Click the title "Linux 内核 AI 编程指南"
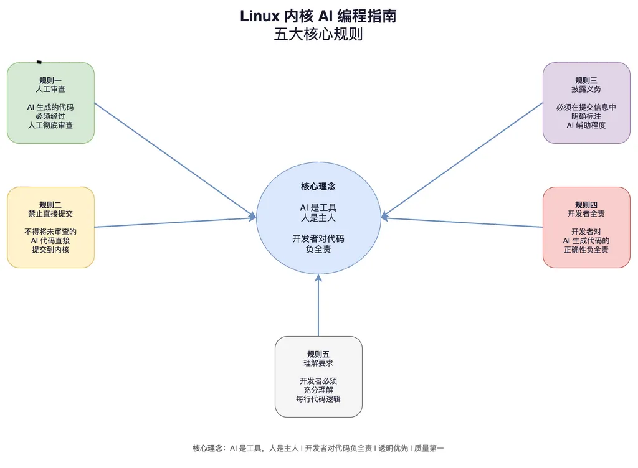(x=318, y=16)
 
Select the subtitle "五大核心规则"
(x=318, y=34)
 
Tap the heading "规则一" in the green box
(x=50, y=80)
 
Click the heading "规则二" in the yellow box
(x=50, y=205)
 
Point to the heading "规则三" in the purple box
(x=586, y=80)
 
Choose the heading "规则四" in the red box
(x=586, y=205)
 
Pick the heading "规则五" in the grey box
(x=318, y=354)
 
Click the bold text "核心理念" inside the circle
(x=318, y=186)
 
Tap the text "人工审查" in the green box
(x=50, y=89)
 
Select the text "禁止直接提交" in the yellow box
(x=50, y=213)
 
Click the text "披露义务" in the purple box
(x=586, y=89)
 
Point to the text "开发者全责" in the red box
(x=586, y=213)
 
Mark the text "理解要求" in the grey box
(x=318, y=363)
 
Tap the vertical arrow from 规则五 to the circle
(x=318, y=308)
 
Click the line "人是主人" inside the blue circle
(x=318, y=217)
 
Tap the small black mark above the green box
(x=39, y=62)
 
